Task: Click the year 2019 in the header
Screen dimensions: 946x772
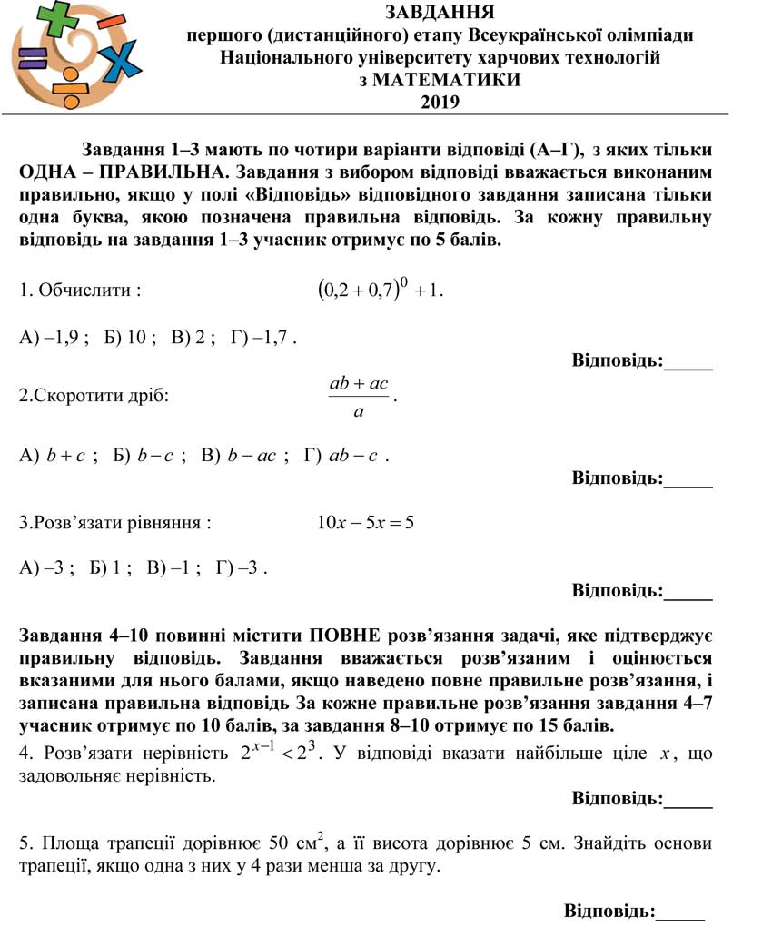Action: coord(440,102)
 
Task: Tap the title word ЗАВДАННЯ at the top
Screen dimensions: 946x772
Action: coord(440,13)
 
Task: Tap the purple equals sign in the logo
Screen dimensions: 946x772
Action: coord(32,59)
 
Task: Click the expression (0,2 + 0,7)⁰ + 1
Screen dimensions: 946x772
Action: coord(381,291)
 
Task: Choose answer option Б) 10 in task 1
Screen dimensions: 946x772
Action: coord(130,338)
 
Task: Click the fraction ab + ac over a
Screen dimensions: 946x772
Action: coord(360,397)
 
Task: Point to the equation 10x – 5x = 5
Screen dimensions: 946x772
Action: coord(365,522)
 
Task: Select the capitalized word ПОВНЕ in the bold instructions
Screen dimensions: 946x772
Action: coord(346,636)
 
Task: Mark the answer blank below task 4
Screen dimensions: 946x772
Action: coord(688,800)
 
